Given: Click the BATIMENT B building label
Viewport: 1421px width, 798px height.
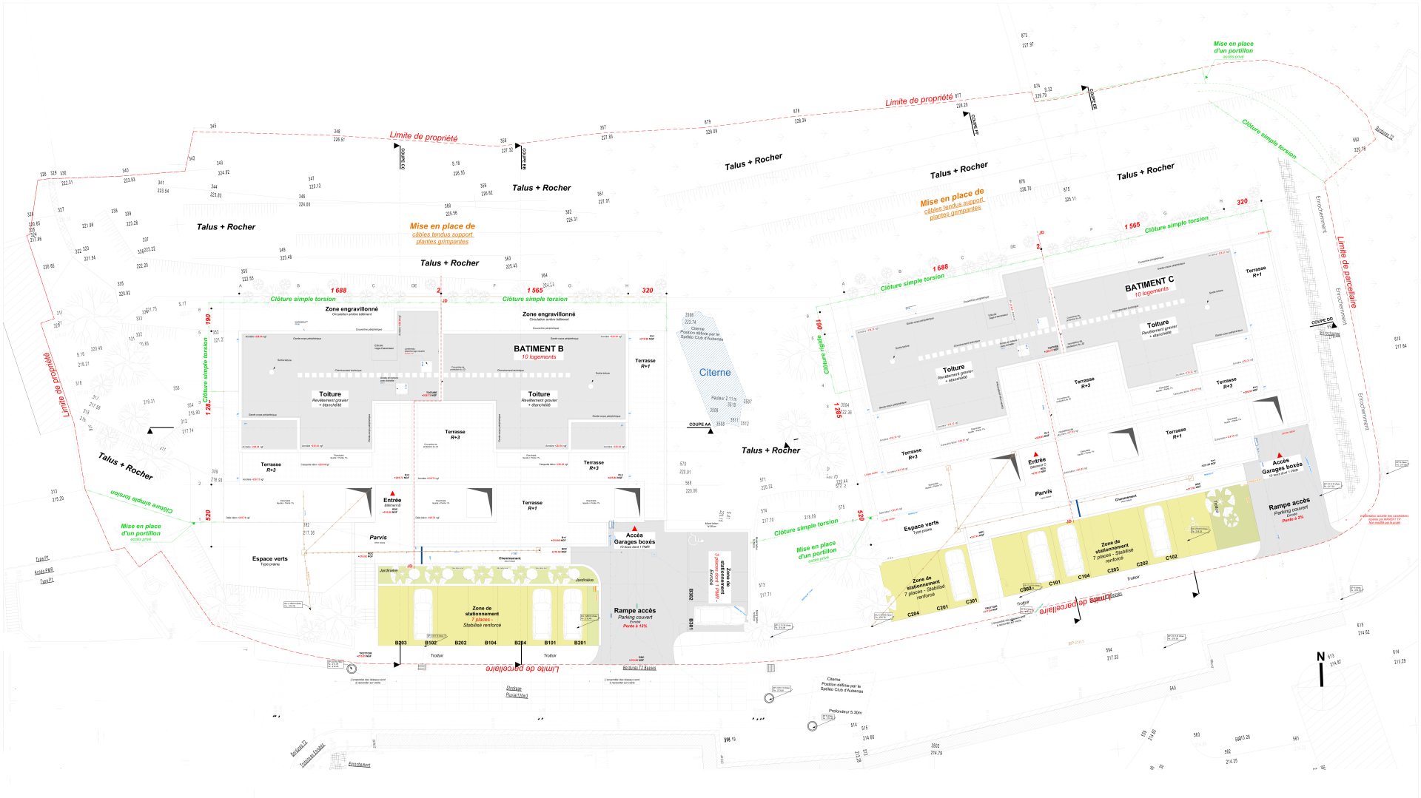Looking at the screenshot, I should [538, 348].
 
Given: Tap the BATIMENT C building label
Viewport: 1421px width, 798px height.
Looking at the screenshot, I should [1149, 283].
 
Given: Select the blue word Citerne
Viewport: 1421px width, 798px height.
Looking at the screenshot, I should [715, 373].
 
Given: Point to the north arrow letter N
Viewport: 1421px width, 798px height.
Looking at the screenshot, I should [1320, 657].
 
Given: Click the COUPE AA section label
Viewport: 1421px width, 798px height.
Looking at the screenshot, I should [699, 425].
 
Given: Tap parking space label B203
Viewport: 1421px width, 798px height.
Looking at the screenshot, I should [400, 643].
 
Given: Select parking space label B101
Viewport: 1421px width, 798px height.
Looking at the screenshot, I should [550, 643].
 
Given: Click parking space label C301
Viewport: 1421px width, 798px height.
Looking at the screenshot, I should [971, 601].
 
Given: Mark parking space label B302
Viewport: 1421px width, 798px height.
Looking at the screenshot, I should [691, 594].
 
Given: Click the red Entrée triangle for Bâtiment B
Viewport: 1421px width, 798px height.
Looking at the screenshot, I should [392, 493].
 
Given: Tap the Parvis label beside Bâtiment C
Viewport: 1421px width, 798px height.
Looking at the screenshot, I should [1043, 493].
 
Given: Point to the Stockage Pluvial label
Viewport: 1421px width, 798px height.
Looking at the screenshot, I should [516, 692].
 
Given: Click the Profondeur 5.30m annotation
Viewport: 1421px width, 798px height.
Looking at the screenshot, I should [844, 711].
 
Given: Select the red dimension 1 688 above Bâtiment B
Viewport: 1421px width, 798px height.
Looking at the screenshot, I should [338, 291].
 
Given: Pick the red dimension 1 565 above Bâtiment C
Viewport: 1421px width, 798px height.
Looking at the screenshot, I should [1132, 226].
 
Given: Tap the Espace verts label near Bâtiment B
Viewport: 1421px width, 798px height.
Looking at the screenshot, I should [269, 559].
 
